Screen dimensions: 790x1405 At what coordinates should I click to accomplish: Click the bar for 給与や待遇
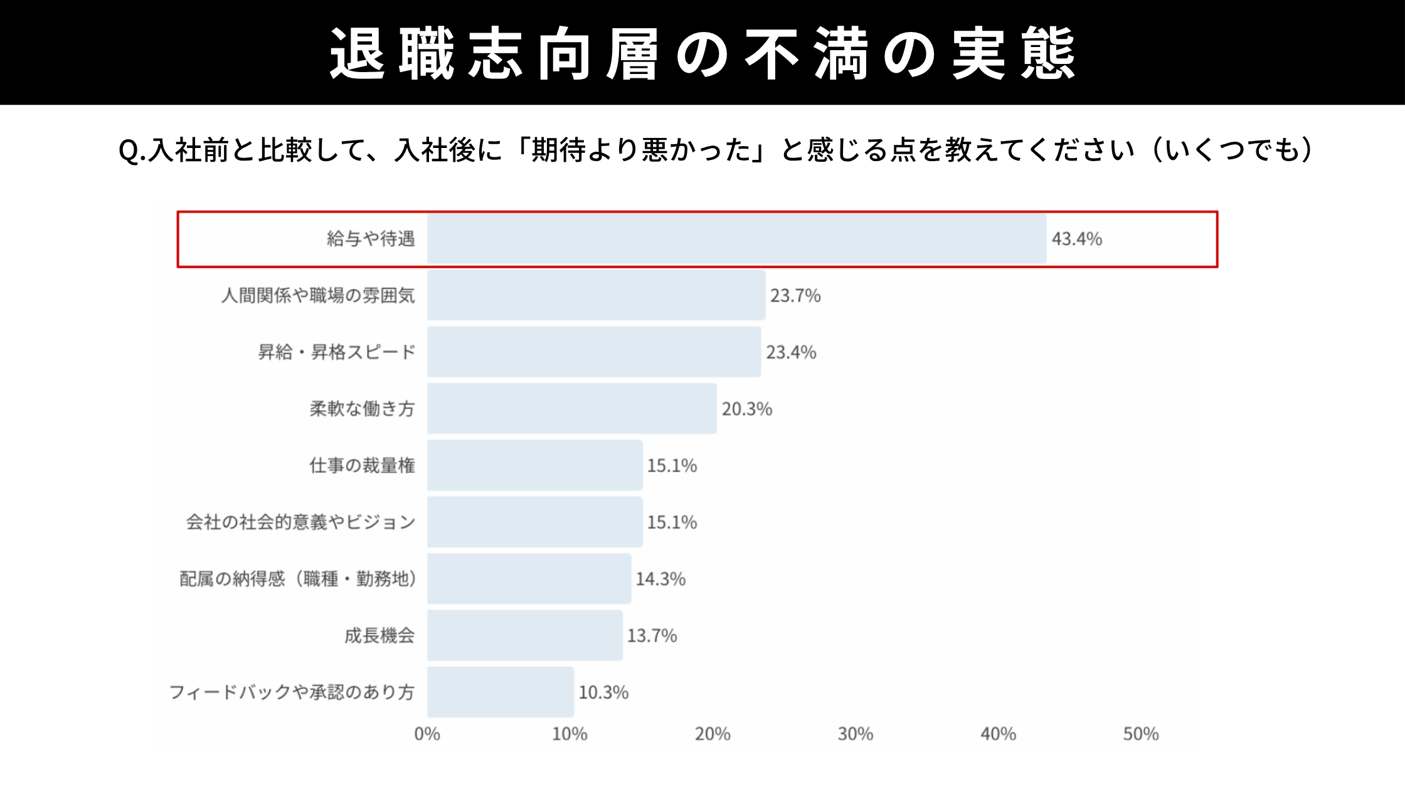pos(737,239)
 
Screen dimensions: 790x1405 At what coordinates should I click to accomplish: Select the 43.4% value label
pos(1076,239)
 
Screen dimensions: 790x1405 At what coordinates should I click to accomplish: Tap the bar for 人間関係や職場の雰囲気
pos(596,295)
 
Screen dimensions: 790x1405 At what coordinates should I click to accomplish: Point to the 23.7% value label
pos(795,295)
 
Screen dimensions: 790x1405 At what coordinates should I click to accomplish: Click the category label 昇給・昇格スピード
pos(337,352)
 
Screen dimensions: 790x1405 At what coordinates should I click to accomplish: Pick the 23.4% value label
pos(791,352)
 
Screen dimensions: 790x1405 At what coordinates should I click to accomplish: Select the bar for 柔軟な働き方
pos(572,409)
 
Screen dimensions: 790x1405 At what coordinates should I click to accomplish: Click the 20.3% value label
pos(746,409)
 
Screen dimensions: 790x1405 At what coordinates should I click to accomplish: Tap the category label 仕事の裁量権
pos(362,465)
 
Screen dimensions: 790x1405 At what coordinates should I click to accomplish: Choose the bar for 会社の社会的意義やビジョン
pos(535,522)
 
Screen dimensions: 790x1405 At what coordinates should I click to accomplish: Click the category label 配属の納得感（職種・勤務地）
pos(298,579)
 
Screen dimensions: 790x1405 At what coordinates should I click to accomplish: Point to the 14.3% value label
pos(660,579)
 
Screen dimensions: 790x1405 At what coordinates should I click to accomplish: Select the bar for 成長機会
pos(525,636)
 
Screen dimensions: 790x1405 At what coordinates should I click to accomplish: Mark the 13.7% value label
pos(652,636)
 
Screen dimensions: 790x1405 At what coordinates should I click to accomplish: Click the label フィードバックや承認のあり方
pos(292,692)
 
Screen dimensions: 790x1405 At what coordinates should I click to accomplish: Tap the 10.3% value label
pos(603,692)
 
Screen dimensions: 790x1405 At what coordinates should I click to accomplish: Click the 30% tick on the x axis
pos(856,734)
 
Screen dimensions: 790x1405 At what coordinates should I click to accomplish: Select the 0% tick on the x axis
pos(427,734)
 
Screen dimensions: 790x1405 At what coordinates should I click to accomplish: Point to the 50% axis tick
pos(1141,734)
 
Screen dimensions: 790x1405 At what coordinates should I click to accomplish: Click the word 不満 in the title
pos(806,54)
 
